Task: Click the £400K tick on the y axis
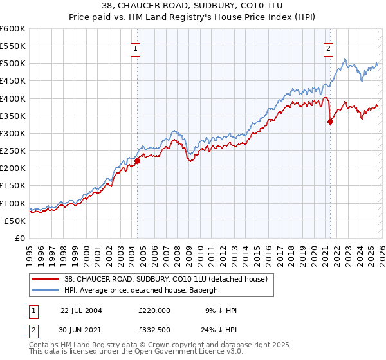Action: pos(12,98)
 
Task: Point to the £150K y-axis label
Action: pos(12,186)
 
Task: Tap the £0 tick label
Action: pos(21,238)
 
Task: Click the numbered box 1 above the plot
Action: pos(136,48)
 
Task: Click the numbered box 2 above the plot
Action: pos(329,48)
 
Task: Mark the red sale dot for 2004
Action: pos(138,161)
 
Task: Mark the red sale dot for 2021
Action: pos(330,122)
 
